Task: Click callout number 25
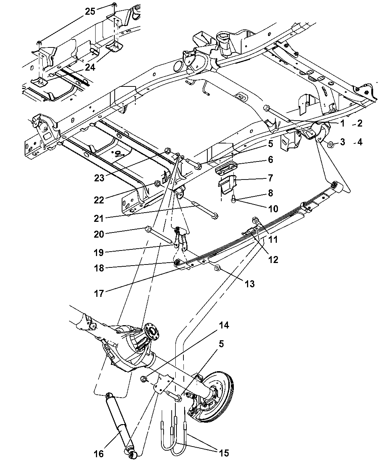(x=90, y=11)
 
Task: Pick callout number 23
(x=99, y=177)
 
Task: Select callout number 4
(x=359, y=142)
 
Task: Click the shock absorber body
(x=118, y=419)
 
